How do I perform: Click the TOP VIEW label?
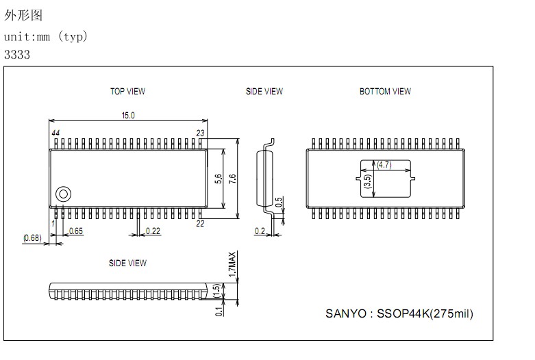127,91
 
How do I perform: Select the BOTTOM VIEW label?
385,91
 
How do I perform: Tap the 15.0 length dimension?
128,116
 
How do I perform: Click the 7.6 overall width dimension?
233,179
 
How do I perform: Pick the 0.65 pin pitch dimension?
75,231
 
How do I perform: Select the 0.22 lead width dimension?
153,231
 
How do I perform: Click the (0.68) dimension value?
32,237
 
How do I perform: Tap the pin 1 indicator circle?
63,193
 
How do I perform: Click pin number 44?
55,132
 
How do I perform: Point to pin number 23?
201,132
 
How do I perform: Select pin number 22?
201,223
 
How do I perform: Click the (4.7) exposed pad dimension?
384,164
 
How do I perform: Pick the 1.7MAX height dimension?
232,263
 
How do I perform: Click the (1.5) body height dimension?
217,291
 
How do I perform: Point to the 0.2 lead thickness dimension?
260,231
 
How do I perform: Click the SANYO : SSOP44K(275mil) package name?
399,314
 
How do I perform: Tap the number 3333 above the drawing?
17,55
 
